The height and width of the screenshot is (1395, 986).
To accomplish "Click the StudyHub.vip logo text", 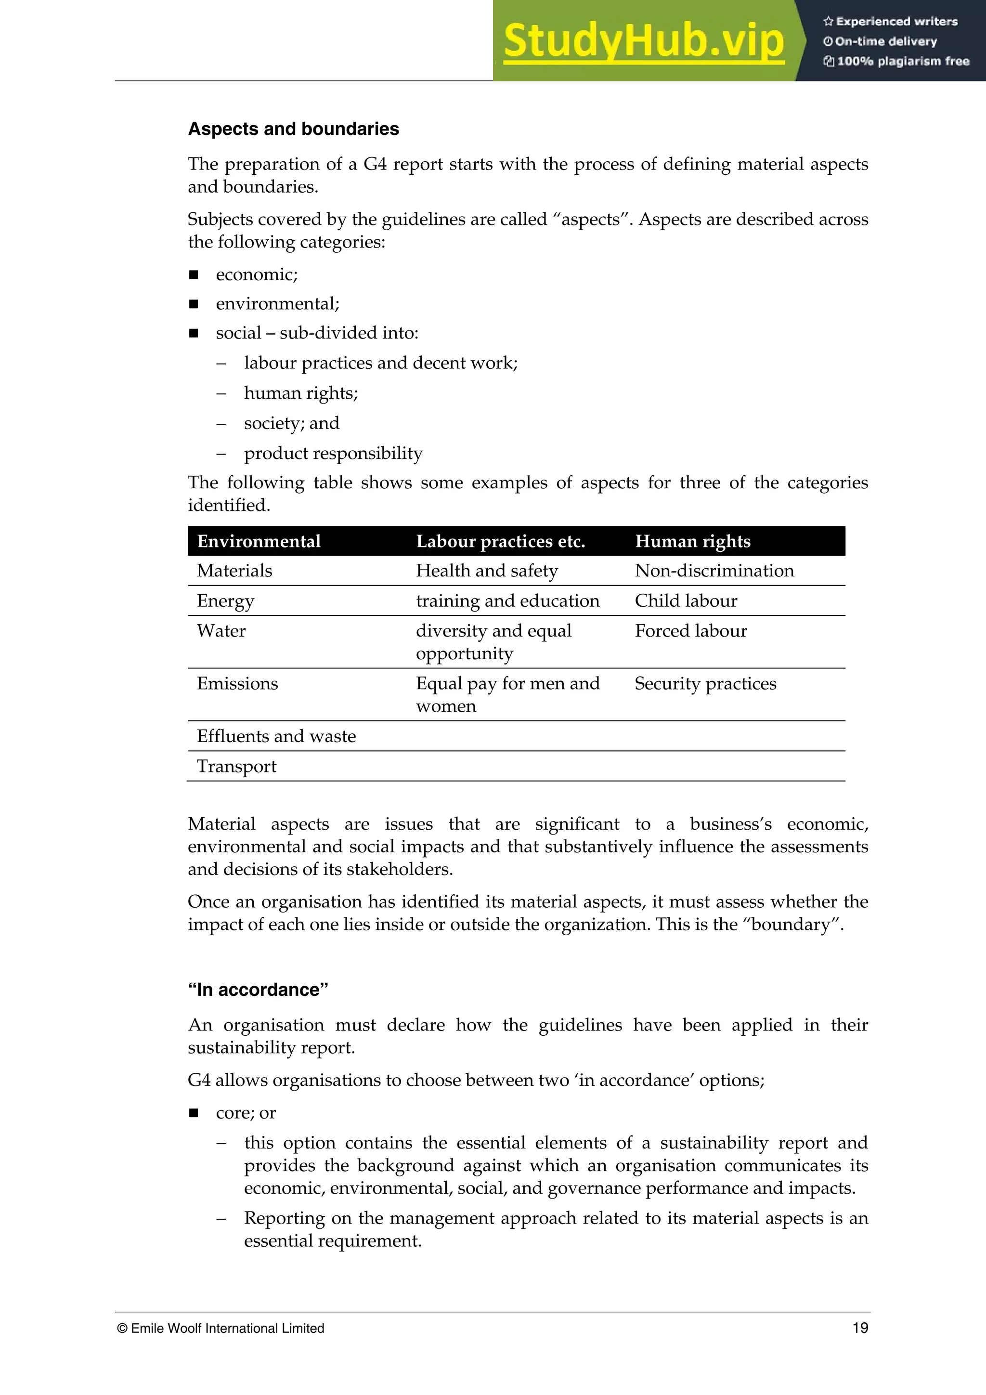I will (643, 41).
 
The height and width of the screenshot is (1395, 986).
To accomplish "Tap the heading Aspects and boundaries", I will (293, 129).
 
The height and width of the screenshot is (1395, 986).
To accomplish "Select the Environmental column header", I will (259, 541).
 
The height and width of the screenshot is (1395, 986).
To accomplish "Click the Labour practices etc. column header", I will (500, 541).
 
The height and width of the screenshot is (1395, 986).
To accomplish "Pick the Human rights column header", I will (693, 541).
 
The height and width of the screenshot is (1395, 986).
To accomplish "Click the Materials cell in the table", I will (234, 571).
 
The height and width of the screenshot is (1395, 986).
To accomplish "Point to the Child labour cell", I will (686, 600).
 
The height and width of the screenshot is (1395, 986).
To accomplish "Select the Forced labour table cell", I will (691, 631).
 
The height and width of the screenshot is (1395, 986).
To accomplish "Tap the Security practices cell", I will (705, 683).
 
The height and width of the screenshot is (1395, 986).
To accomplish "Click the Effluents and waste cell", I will (276, 736).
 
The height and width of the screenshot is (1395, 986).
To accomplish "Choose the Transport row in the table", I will (236, 766).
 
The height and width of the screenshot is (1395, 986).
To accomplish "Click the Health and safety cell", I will (487, 571).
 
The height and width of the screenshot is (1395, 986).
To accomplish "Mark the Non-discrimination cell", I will (714, 571).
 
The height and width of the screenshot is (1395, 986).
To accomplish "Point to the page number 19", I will (860, 1328).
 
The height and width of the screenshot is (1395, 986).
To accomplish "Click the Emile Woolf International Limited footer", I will (221, 1328).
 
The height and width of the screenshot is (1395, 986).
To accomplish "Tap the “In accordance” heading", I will (258, 990).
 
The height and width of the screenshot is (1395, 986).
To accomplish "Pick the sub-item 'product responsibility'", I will (333, 453).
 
